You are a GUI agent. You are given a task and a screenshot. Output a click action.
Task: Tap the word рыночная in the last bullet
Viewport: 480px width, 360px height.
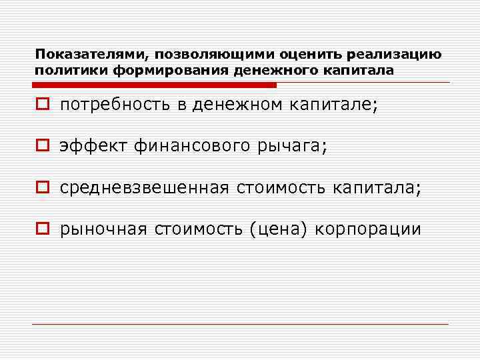click(103, 230)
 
